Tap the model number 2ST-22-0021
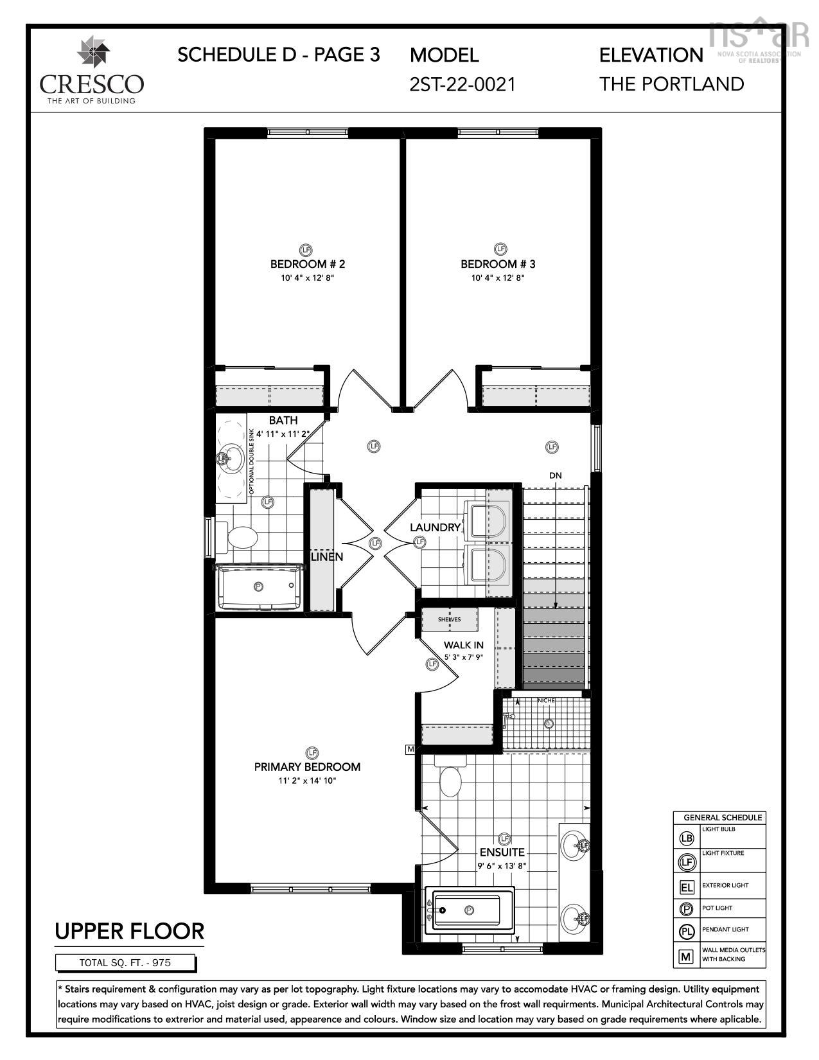coord(462,84)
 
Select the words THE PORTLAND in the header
coord(672,84)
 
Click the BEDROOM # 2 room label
coord(308,264)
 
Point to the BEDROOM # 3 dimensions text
coord(498,278)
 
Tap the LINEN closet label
coord(327,556)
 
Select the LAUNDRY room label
coord(436,527)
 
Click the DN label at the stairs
coord(556,475)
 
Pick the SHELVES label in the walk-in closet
coord(450,620)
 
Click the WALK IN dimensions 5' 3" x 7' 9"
coord(463,658)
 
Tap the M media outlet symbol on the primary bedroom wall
coord(410,749)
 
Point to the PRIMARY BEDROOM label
coord(307,766)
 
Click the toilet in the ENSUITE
coord(450,777)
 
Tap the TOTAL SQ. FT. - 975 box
coord(126,962)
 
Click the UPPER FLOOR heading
coord(129,931)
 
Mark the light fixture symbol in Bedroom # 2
coord(306,249)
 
